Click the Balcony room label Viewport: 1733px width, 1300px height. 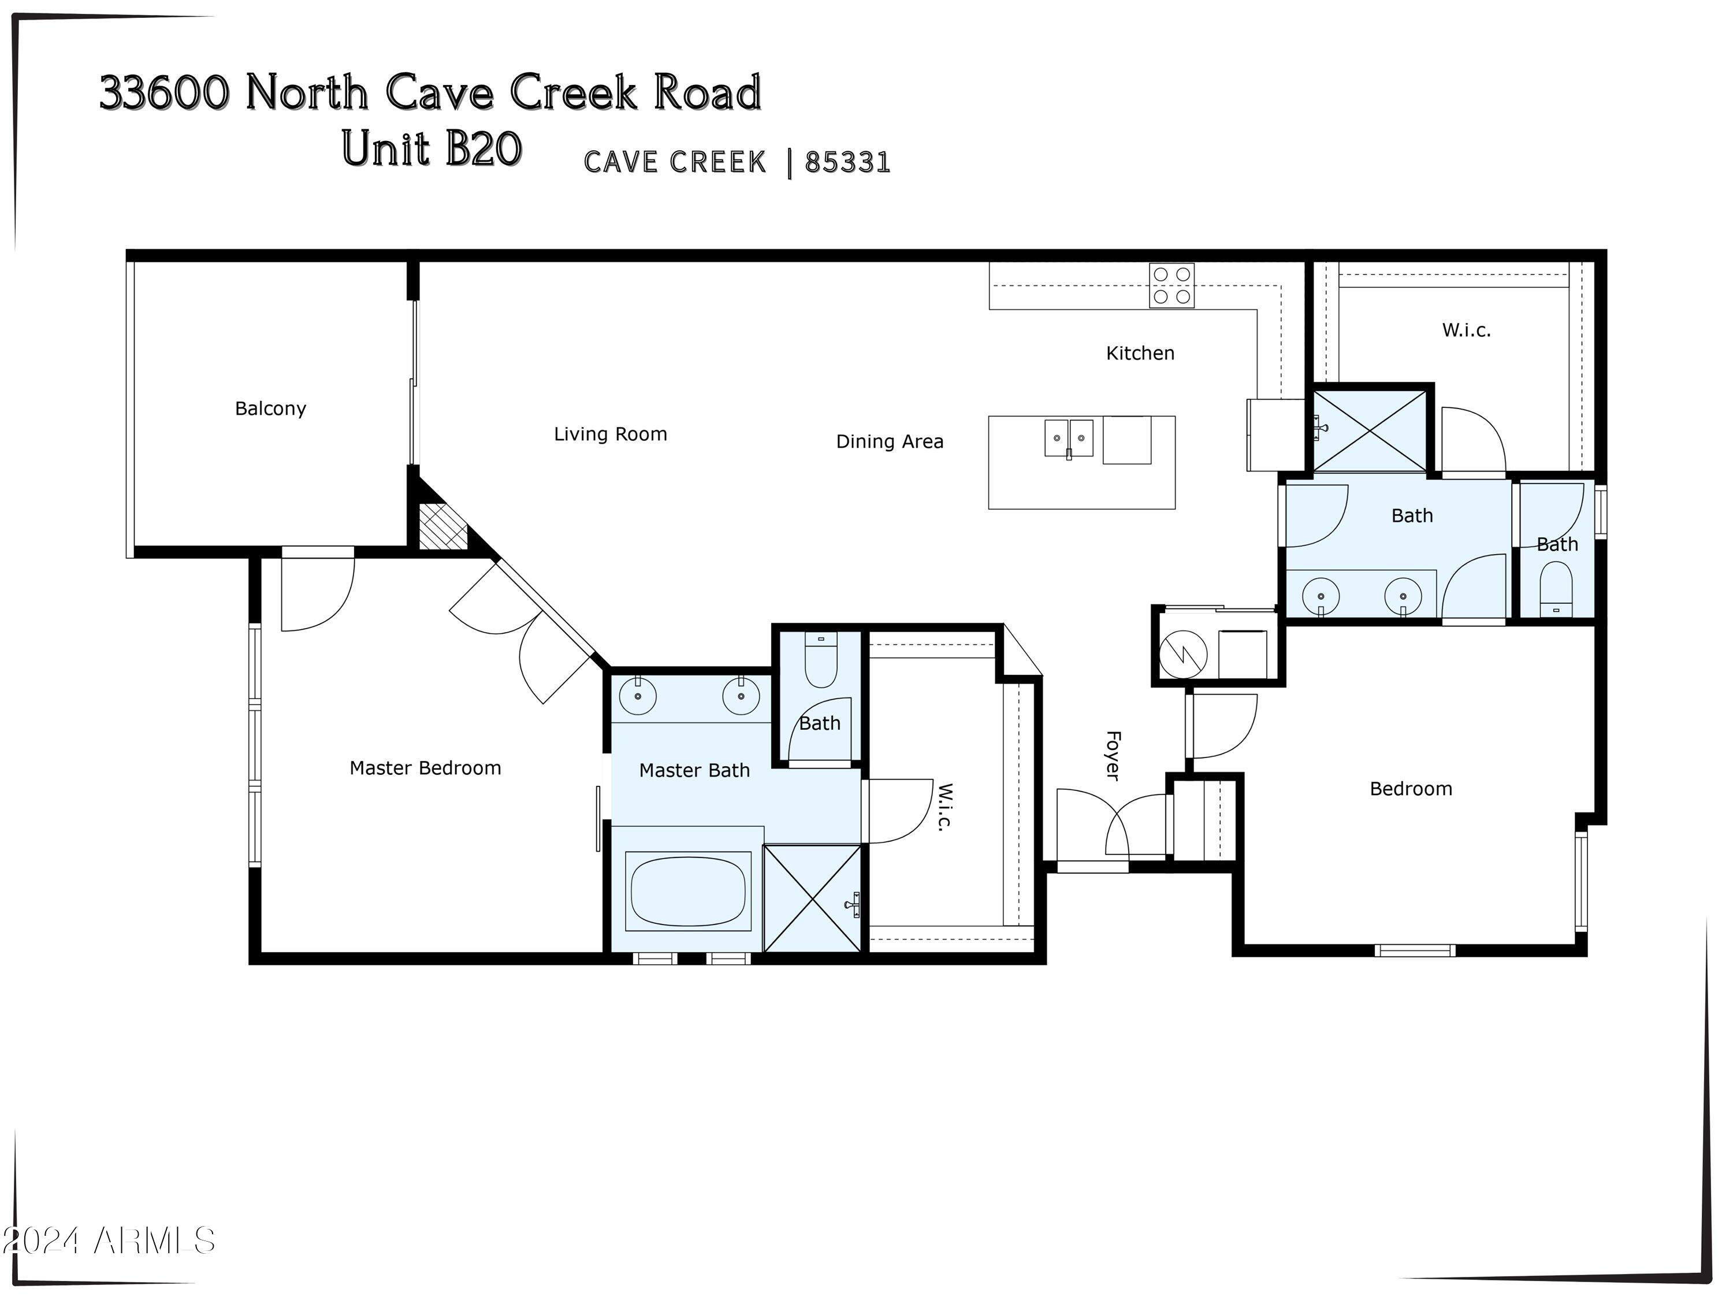[270, 408]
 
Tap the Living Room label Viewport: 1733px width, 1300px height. [611, 434]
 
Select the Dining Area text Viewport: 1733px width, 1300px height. [889, 441]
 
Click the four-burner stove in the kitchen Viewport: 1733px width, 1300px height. [1172, 285]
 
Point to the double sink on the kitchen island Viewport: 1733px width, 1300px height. [1069, 438]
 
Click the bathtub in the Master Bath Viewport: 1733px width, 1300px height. [687, 892]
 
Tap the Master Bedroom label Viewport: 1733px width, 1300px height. [425, 768]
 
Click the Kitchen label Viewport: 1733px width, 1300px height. [1140, 354]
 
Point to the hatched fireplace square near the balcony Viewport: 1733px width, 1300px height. [442, 526]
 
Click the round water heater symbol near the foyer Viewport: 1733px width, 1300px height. [1183, 654]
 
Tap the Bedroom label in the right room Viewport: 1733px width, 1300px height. [1410, 789]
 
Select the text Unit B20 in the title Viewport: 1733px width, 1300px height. [432, 149]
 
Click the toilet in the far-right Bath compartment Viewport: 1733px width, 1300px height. [1556, 589]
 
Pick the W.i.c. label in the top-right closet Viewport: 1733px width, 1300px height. [1466, 330]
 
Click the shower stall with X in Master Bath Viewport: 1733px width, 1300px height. [812, 898]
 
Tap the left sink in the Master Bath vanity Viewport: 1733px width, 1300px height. [638, 696]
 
